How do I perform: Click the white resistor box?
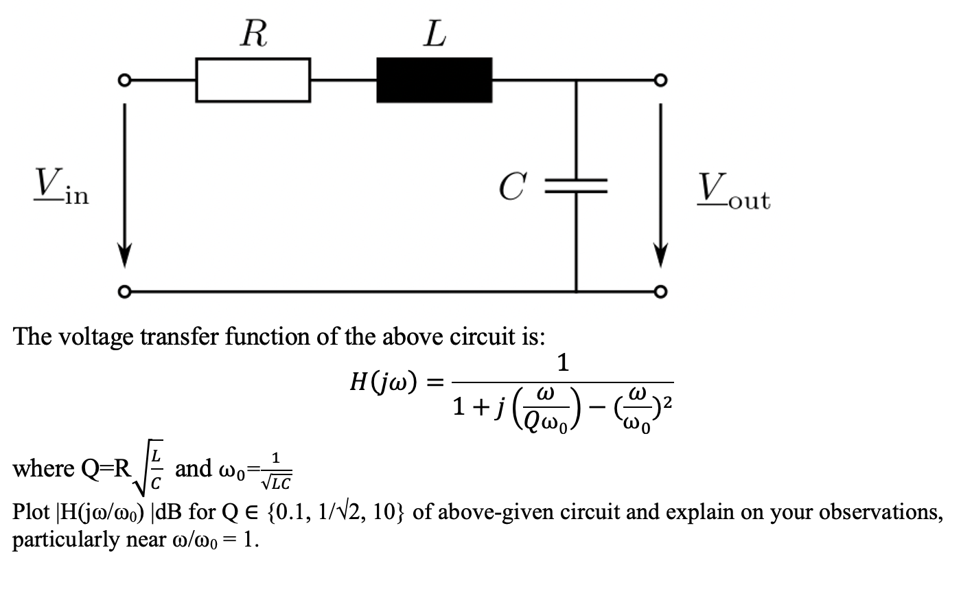253,80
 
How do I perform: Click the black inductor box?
434,80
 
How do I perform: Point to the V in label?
60,187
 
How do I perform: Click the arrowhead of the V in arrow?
124,254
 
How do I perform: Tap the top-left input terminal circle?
124,80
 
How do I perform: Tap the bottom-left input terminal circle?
124,291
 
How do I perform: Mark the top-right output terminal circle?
661,80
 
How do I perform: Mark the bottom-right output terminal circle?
661,291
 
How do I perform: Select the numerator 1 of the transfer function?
563,363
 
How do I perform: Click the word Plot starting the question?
31,513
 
